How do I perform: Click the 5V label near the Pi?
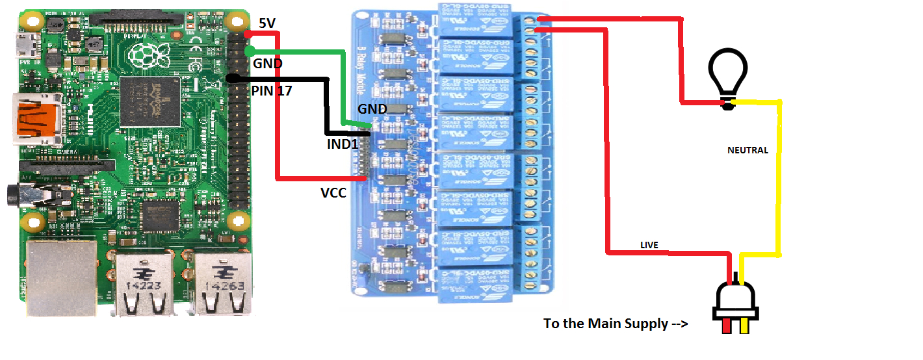pyautogui.click(x=267, y=23)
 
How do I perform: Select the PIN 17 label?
pyautogui.click(x=272, y=92)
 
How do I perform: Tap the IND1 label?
pyautogui.click(x=343, y=144)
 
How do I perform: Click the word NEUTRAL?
pyautogui.click(x=747, y=150)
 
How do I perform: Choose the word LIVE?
pyautogui.click(x=649, y=245)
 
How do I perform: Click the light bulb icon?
pyautogui.click(x=728, y=77)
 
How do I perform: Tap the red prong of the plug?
pyautogui.click(x=725, y=326)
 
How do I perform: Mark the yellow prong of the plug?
pyautogui.click(x=744, y=326)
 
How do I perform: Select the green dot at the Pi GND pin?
pyautogui.click(x=249, y=51)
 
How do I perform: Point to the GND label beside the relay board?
pyautogui.click(x=372, y=109)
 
